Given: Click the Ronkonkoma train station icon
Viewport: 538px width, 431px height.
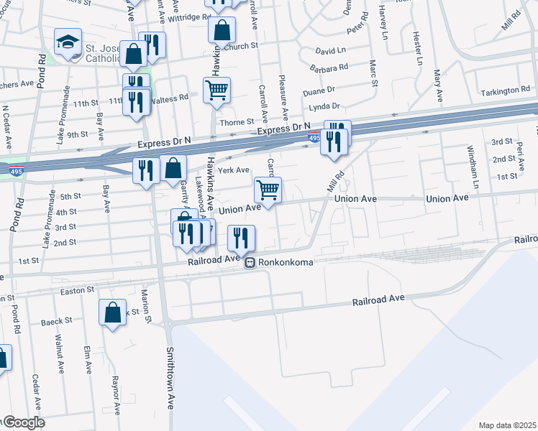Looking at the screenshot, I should point(250,263).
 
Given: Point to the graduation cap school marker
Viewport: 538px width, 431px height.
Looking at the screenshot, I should point(68,42).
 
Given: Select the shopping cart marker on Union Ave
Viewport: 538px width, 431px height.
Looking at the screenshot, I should point(268,190).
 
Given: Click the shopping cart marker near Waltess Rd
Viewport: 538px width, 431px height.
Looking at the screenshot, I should point(216,90).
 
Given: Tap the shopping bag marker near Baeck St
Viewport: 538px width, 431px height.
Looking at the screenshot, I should point(112,312).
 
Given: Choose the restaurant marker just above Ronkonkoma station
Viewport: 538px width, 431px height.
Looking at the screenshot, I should point(241,238).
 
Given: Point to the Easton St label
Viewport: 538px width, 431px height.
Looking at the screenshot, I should point(78,291).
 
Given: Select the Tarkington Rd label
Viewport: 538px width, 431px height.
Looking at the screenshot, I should point(506,91).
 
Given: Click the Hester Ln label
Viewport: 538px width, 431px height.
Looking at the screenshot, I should point(416,49).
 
